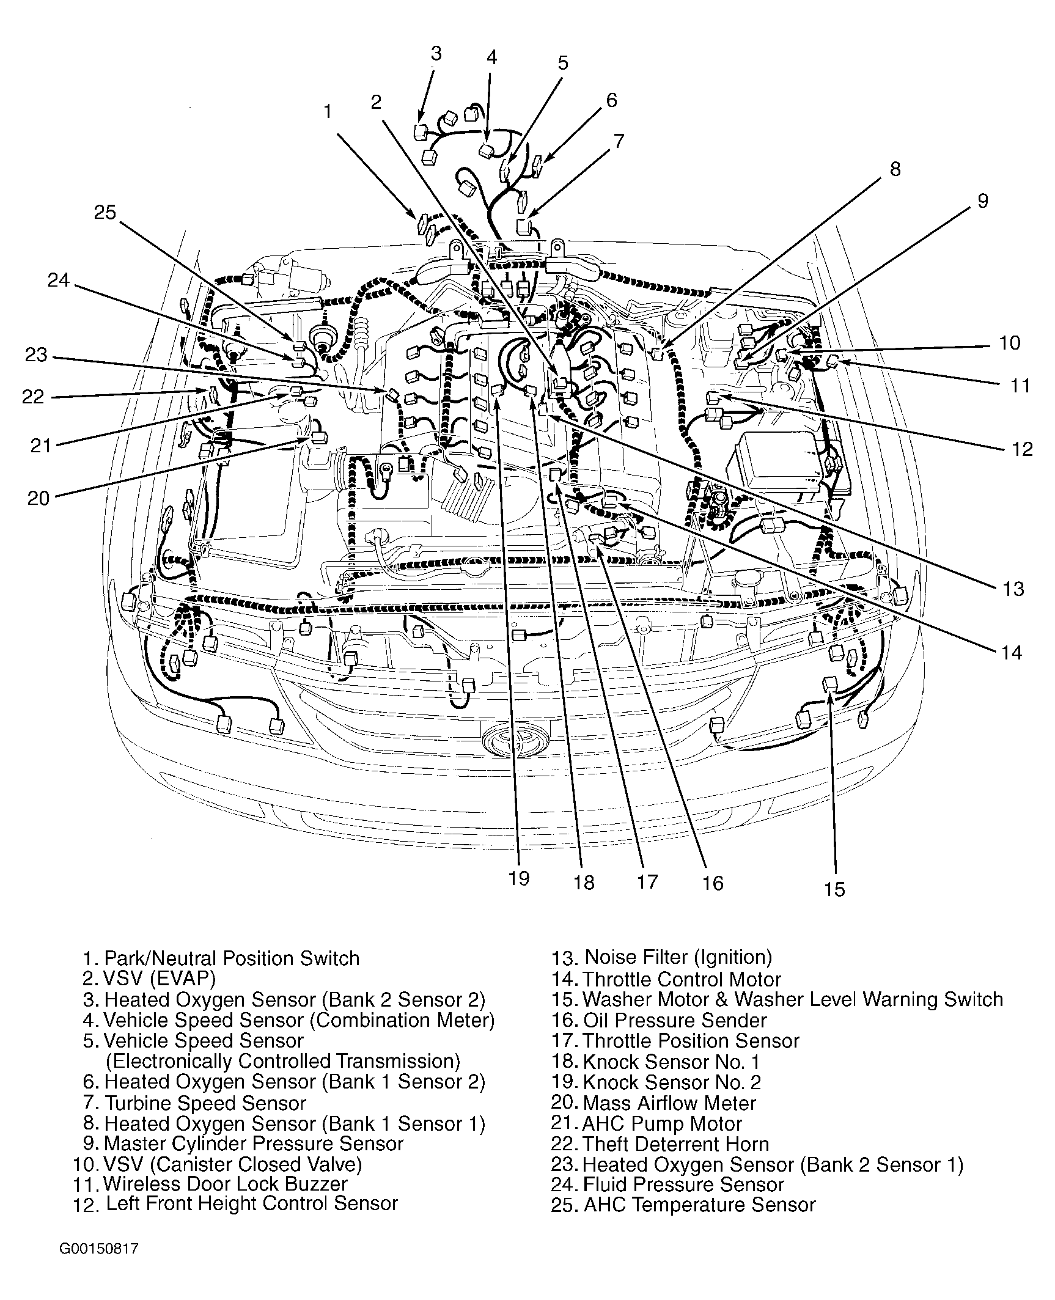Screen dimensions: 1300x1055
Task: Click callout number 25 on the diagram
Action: point(105,213)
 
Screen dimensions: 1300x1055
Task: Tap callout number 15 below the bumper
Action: point(834,888)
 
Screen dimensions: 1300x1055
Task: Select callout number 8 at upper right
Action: point(895,169)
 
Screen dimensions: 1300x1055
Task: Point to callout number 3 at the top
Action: point(435,54)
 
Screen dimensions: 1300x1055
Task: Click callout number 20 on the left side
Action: point(38,498)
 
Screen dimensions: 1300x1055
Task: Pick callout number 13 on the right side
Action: point(1013,589)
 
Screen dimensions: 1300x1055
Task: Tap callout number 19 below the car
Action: point(518,878)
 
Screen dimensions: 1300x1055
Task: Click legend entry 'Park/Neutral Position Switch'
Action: point(232,958)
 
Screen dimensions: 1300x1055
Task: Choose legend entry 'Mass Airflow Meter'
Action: point(669,1103)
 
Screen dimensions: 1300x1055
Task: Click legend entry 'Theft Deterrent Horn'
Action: point(675,1144)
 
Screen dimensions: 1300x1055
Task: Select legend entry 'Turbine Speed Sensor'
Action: point(205,1103)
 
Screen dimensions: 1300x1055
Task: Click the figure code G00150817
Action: point(99,1248)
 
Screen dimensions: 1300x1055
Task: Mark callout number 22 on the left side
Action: point(33,397)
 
